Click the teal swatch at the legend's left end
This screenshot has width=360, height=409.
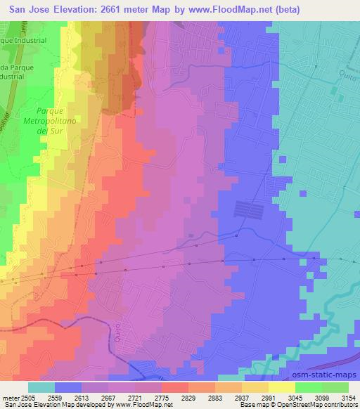click(x=41, y=387)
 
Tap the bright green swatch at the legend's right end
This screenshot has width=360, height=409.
click(x=335, y=387)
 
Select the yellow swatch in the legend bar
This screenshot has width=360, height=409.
click(x=282, y=387)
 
